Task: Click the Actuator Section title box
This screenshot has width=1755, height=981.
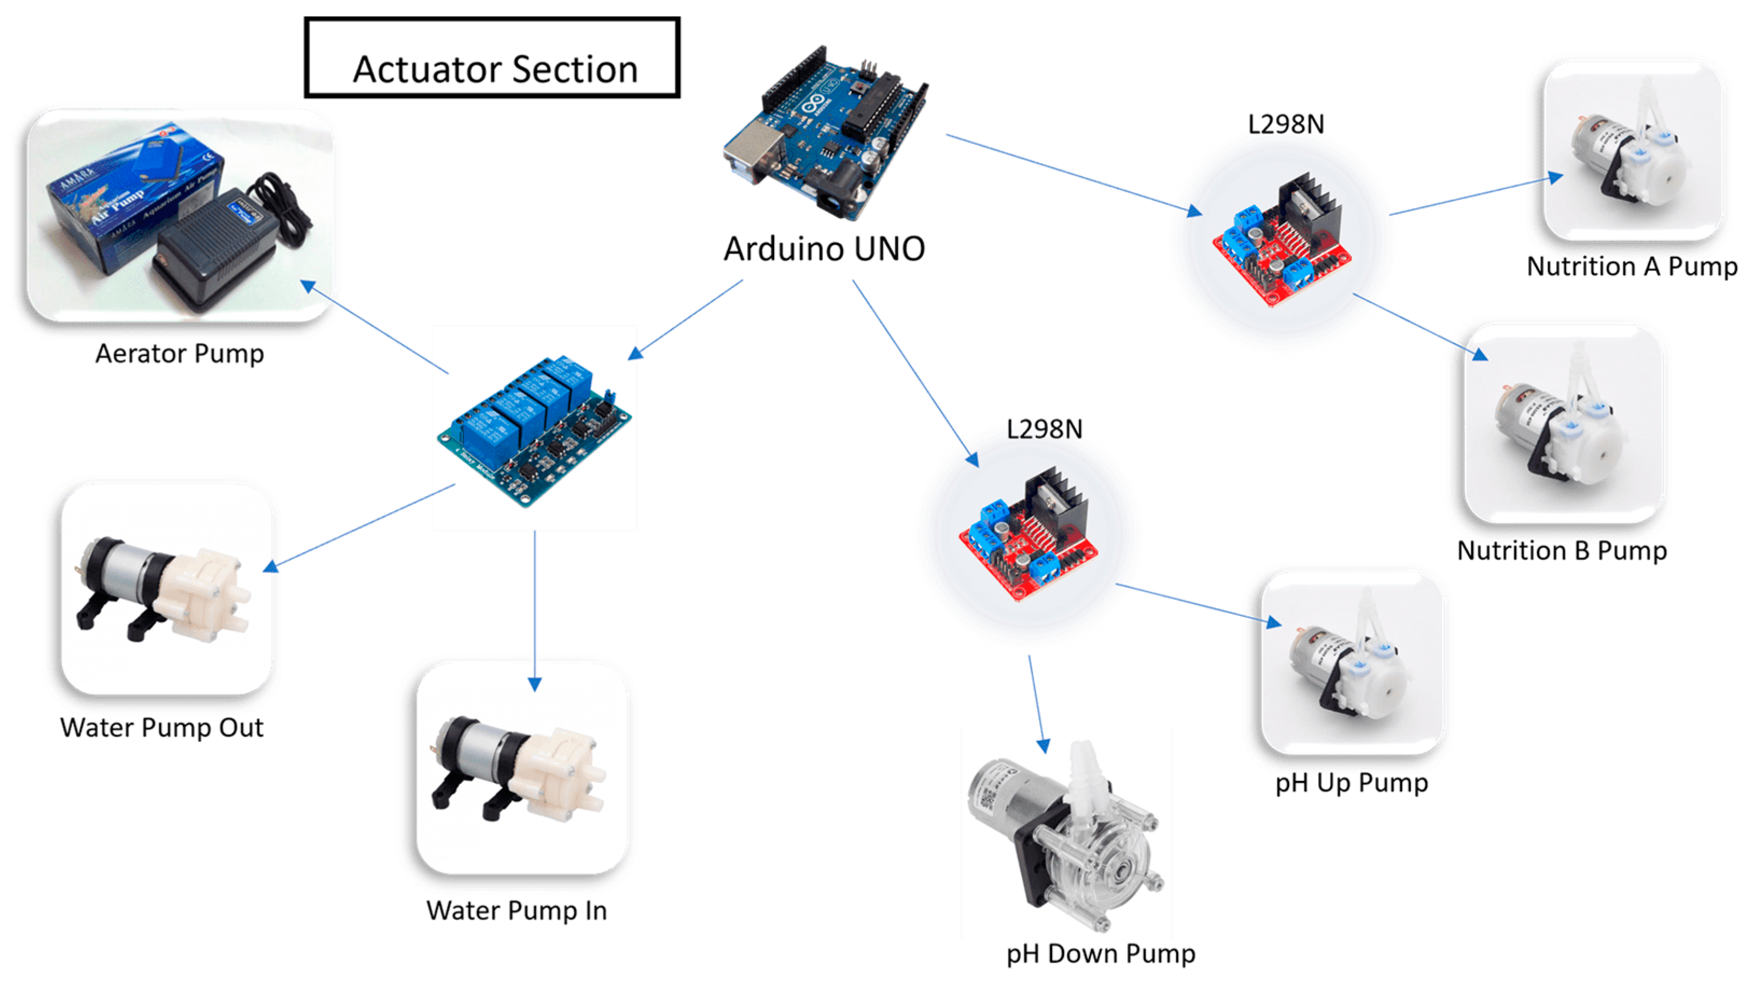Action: click(492, 58)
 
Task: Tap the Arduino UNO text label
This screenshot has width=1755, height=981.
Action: click(824, 249)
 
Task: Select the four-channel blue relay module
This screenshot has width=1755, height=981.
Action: click(535, 429)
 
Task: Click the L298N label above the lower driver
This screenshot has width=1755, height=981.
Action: click(1044, 429)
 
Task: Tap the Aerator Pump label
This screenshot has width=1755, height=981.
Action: click(179, 354)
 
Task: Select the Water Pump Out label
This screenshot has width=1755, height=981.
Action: click(162, 727)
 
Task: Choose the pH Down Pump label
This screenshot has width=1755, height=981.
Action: click(1100, 954)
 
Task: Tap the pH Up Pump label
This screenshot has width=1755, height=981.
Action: click(1351, 783)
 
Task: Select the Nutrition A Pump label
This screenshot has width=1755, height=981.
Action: click(1632, 267)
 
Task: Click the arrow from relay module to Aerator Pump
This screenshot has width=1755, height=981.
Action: click(375, 327)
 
